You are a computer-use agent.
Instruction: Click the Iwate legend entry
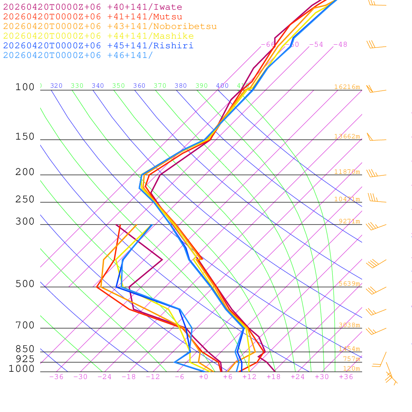pyautogui.click(x=93, y=7)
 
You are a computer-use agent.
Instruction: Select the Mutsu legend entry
pyautogui.click(x=93, y=17)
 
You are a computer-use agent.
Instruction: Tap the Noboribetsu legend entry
pyautogui.click(x=110, y=27)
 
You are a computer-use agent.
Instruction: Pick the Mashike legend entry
pyautogui.click(x=98, y=36)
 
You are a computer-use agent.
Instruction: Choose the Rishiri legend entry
pyautogui.click(x=98, y=46)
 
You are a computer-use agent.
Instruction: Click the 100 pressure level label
pyautogui.click(x=25, y=87)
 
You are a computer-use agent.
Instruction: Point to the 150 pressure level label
pyautogui.click(x=25, y=137)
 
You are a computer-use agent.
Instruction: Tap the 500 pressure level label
pyautogui.click(x=25, y=284)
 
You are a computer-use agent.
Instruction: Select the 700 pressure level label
pyautogui.click(x=25, y=325)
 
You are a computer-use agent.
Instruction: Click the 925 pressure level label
pyautogui.click(x=25, y=359)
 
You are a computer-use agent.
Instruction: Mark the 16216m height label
pyautogui.click(x=347, y=87)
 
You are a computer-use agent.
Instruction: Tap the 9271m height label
pyautogui.click(x=349, y=221)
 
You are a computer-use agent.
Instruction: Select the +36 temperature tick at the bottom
pyautogui.click(x=346, y=377)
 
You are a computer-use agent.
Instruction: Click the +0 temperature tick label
pyautogui.click(x=204, y=377)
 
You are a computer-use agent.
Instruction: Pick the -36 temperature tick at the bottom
pyautogui.click(x=56, y=377)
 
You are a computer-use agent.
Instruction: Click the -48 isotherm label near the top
pyautogui.click(x=340, y=45)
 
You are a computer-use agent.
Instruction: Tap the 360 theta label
pyautogui.click(x=139, y=86)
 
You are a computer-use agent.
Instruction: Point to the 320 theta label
pyautogui.click(x=56, y=86)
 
